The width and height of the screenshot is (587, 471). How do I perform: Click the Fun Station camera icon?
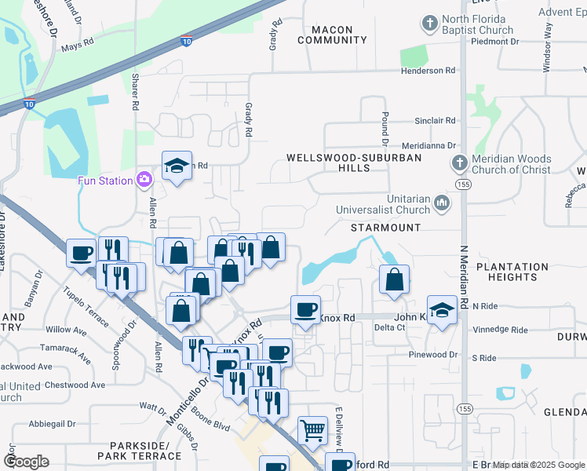coord(144,180)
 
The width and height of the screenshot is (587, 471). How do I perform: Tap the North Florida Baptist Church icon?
coord(428,24)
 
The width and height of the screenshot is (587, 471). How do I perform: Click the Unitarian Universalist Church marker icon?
coord(442,204)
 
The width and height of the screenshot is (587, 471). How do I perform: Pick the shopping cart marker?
coord(312,429)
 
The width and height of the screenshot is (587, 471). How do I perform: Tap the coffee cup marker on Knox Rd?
coord(304,309)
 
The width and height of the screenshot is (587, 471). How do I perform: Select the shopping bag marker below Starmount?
coord(394,279)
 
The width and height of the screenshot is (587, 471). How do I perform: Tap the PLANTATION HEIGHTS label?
coord(512,272)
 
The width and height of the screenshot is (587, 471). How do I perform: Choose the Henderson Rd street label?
coord(428,71)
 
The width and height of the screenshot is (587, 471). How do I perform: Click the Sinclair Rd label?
coord(436,121)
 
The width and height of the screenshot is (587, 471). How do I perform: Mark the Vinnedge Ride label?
coord(501,330)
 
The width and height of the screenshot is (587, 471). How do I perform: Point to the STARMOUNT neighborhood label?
coord(385,228)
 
